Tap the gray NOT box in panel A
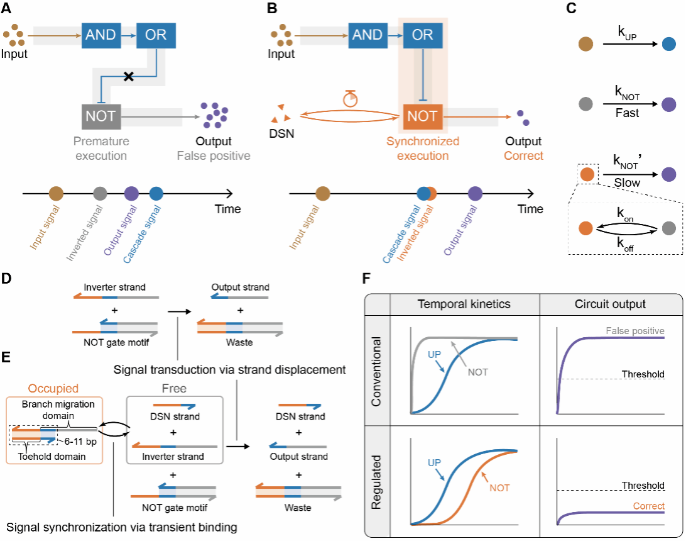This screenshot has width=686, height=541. pyautogui.click(x=101, y=116)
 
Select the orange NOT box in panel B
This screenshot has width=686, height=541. pyautogui.click(x=423, y=116)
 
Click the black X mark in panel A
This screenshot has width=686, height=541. pyautogui.click(x=129, y=77)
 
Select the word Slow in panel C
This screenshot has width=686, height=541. pyautogui.click(x=628, y=182)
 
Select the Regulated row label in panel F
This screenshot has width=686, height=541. pyautogui.click(x=378, y=479)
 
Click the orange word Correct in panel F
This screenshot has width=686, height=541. pyautogui.click(x=648, y=506)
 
